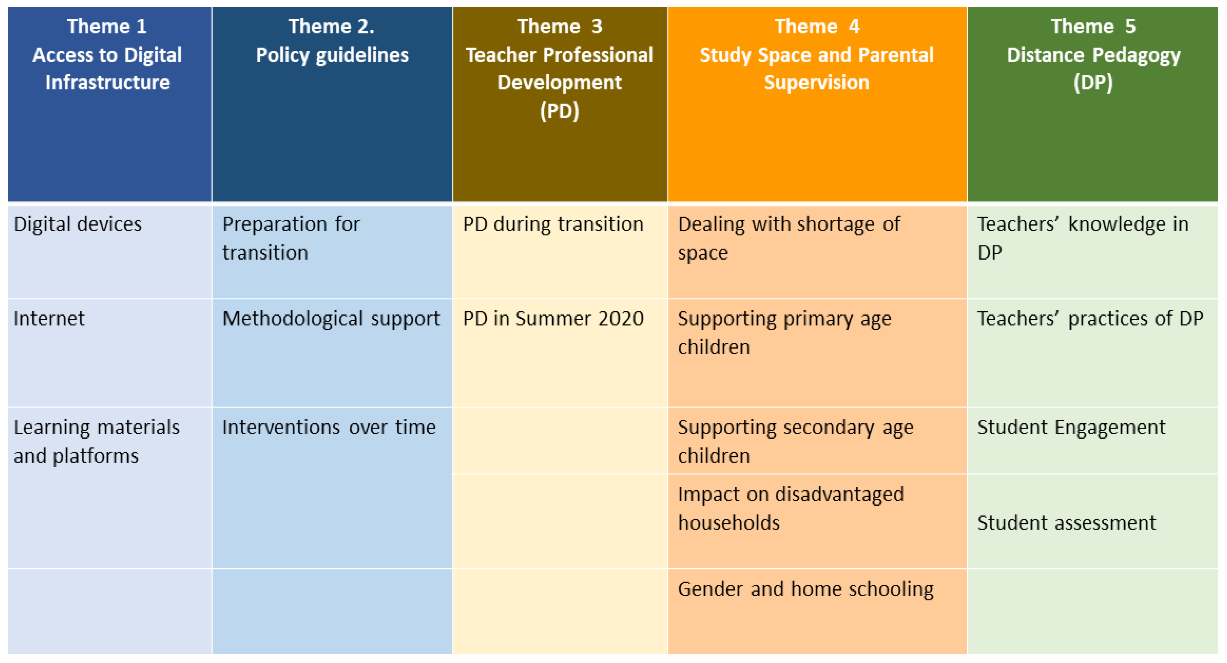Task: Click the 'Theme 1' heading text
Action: (x=107, y=27)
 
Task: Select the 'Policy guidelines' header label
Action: (x=332, y=55)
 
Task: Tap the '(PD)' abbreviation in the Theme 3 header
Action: (x=559, y=111)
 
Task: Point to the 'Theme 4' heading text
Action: (x=817, y=27)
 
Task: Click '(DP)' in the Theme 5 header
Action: (x=1093, y=83)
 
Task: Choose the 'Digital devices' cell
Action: (x=78, y=224)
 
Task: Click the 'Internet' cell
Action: (x=49, y=319)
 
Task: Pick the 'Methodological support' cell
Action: (x=331, y=319)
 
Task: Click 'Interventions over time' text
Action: (x=329, y=427)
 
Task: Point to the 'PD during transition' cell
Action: (x=553, y=224)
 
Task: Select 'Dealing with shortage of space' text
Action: (x=789, y=238)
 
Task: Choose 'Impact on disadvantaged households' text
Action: (x=791, y=508)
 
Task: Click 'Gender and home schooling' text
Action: (x=805, y=589)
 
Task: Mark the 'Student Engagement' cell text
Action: (x=1071, y=427)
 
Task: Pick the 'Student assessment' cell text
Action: (x=1067, y=523)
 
